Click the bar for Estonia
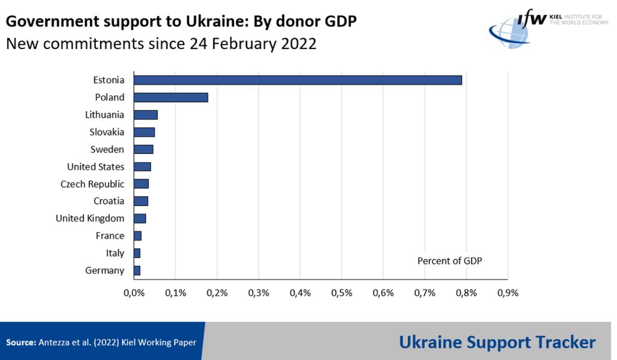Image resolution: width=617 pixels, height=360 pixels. [x=298, y=80]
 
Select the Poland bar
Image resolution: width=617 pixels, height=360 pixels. [x=170, y=97]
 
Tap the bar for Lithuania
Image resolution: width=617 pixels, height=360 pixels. [x=145, y=115]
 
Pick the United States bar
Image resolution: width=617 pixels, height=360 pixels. [x=142, y=167]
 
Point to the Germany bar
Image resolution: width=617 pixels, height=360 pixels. [x=137, y=270]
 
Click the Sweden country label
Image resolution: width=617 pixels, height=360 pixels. [x=107, y=149]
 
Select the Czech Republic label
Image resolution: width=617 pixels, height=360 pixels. [x=93, y=184]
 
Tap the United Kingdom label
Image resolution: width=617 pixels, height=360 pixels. [x=90, y=218]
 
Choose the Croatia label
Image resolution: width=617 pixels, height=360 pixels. [x=109, y=201]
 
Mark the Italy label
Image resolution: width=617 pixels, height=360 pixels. [x=115, y=253]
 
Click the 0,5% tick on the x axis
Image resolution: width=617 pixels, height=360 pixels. [x=341, y=293]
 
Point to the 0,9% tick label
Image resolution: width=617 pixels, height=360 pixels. [x=508, y=293]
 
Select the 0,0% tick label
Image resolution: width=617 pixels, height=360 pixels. [x=134, y=293]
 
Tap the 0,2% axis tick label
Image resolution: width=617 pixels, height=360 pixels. [x=217, y=293]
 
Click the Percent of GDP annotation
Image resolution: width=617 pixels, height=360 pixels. [x=449, y=261]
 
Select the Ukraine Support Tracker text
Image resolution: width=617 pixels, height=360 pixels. [x=497, y=342]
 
